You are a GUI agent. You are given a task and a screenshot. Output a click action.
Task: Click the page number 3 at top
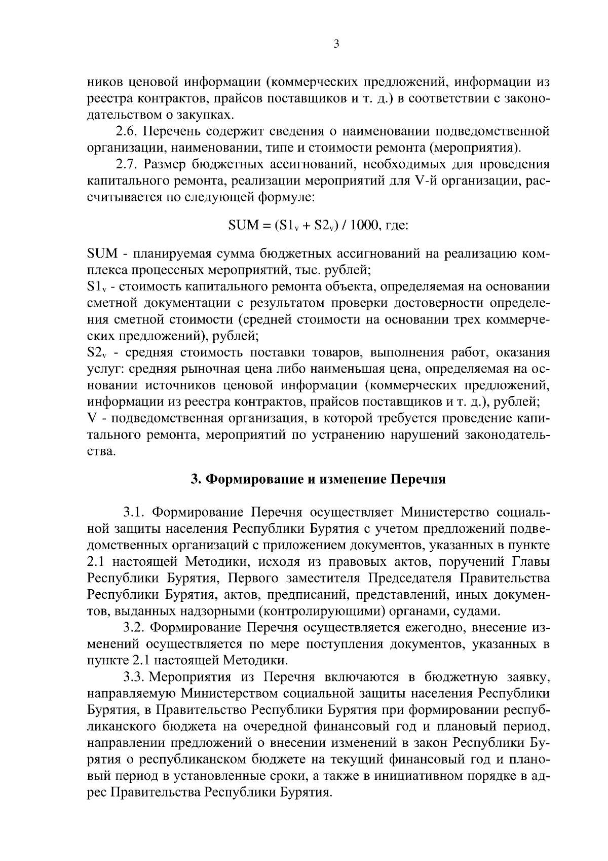coord(336,44)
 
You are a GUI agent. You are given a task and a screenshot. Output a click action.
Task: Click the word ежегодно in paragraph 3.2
coord(435,628)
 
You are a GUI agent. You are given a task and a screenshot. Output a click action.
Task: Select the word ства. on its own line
coord(102,451)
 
